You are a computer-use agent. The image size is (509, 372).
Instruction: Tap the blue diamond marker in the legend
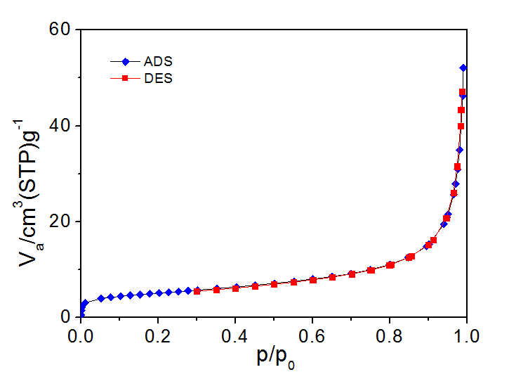coord(124,61)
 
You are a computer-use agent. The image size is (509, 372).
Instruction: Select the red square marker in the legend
coord(124,78)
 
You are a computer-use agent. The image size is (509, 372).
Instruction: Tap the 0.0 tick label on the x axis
coord(81,334)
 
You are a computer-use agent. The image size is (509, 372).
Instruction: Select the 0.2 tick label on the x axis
coord(159,334)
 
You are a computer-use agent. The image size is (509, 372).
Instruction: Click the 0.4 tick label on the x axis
coord(236,334)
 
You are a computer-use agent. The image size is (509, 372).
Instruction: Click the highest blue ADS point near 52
coord(463,68)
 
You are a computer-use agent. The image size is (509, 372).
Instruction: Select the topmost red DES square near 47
coord(462,92)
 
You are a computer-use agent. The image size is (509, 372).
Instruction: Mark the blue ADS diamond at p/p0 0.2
coord(159,293)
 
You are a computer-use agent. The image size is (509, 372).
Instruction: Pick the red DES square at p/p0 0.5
coord(275,284)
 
